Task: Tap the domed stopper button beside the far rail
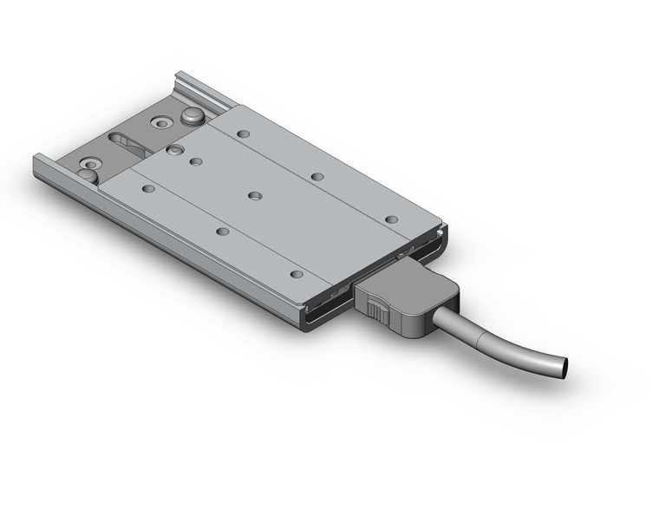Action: coord(190,115)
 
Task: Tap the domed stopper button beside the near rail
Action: coord(88,175)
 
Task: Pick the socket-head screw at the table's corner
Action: coord(175,149)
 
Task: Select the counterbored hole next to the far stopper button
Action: coord(161,123)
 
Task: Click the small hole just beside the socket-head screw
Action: coord(196,161)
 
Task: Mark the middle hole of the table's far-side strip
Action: coord(317,177)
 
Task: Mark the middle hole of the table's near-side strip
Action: coord(223,232)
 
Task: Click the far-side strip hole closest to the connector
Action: coord(391,219)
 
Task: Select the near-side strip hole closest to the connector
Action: coord(297,274)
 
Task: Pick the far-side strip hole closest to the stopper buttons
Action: coord(243,134)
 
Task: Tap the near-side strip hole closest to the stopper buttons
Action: coord(148,188)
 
